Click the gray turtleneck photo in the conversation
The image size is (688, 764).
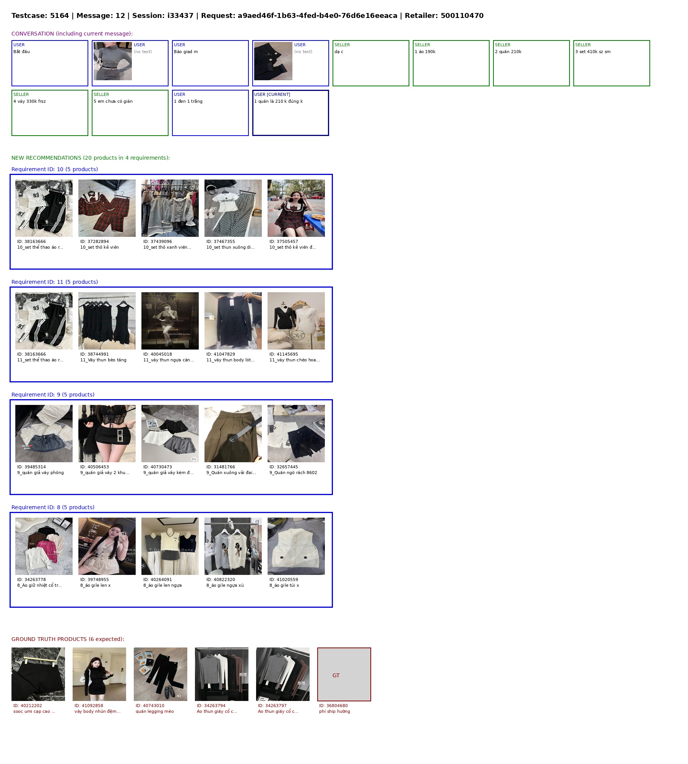pos(113,61)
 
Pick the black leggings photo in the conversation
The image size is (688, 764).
pos(273,61)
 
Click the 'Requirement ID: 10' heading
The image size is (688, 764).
pos(55,169)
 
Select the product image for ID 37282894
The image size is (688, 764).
pos(107,208)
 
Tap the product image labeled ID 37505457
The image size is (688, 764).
pos(296,208)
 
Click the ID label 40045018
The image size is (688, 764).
pos(157,354)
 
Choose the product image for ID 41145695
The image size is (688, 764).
pos(296,321)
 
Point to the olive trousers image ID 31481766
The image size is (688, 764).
pos(233,434)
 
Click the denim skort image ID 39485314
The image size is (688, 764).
pos(44,434)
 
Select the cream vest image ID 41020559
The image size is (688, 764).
pos(296,546)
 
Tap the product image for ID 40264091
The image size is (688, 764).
pos(170,546)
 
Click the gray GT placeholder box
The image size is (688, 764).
pos(344,674)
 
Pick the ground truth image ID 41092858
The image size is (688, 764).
pos(99,674)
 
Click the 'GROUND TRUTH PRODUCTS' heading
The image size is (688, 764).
pos(68,639)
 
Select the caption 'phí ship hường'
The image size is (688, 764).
pos(334,711)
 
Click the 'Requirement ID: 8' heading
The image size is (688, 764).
pos(53,507)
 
